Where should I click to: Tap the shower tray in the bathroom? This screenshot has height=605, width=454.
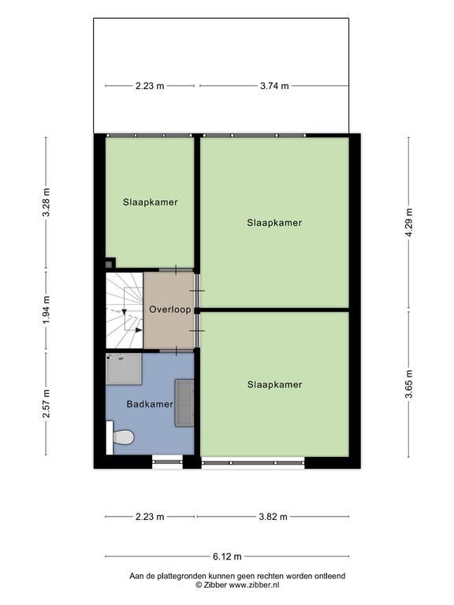click(x=124, y=369)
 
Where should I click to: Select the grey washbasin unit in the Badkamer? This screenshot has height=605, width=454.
click(x=184, y=403)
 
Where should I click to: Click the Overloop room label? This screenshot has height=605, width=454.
click(x=170, y=310)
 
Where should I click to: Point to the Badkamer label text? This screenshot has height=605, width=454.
click(x=150, y=404)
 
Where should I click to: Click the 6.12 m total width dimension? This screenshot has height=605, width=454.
click(x=227, y=556)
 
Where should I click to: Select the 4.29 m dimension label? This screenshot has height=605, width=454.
click(x=409, y=223)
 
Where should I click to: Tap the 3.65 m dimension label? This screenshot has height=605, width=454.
click(x=409, y=384)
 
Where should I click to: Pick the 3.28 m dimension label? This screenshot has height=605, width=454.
click(x=46, y=202)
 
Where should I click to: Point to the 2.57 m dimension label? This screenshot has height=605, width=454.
click(x=46, y=403)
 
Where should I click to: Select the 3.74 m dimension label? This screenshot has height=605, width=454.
click(x=274, y=86)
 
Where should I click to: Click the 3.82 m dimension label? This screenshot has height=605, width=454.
click(x=274, y=517)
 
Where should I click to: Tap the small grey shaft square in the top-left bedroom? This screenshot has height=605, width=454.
click(x=110, y=263)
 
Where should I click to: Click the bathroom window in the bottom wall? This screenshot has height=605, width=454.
click(x=167, y=461)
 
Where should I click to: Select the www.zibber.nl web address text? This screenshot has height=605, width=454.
click(x=254, y=585)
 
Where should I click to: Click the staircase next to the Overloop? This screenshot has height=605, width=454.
click(x=125, y=310)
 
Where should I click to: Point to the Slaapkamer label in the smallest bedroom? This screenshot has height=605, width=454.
click(x=151, y=202)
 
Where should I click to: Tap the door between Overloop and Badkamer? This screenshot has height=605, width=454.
click(x=176, y=351)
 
